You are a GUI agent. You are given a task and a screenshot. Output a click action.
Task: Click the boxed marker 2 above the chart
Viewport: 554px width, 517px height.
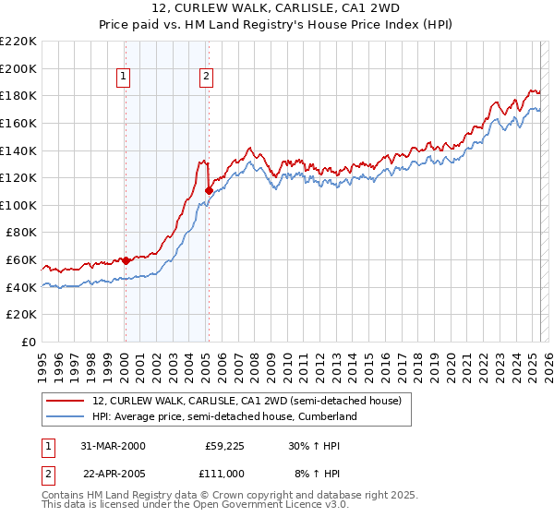point(207,78)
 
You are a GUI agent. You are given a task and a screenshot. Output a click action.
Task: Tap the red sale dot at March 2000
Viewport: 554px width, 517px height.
point(126,260)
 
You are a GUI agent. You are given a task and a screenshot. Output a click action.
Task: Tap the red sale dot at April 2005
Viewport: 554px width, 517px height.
point(209,190)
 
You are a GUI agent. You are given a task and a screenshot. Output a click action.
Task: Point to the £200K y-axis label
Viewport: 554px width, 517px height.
point(19,68)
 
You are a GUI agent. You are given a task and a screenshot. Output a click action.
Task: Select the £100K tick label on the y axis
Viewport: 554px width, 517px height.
point(19,205)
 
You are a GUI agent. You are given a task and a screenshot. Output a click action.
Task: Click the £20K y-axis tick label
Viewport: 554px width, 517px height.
point(22,314)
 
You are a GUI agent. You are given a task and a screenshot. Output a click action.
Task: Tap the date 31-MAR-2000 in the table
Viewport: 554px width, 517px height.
point(113,446)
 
